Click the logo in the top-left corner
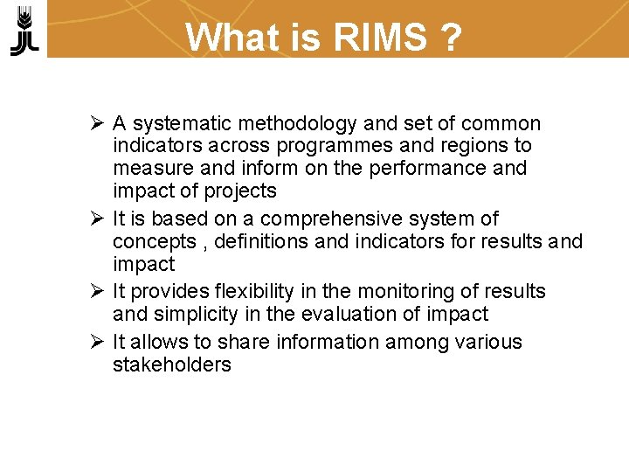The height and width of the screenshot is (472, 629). tap(24, 31)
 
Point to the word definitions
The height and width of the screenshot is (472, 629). tap(266, 240)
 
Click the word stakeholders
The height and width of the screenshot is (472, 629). tap(171, 364)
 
